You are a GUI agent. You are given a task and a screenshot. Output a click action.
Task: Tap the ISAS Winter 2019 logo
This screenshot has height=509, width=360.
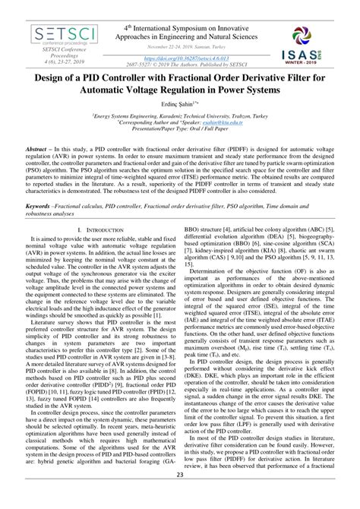click(x=310, y=44)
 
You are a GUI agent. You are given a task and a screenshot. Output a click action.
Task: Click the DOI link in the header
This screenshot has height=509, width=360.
click(x=180, y=56)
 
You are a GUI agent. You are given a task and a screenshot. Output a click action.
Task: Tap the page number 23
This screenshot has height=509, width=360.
click(x=180, y=497)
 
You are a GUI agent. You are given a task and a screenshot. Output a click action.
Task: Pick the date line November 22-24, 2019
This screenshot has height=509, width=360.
click(x=180, y=46)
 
